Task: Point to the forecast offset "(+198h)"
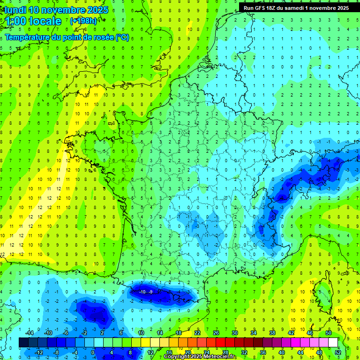[x=83, y=21]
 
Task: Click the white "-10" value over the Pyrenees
[x=143, y=292]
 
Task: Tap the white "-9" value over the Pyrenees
[x=151, y=292]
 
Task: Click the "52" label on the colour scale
[x=338, y=352]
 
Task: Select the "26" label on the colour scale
[x=216, y=332]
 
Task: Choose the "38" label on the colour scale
[x=272, y=332]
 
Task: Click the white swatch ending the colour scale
[x=333, y=343]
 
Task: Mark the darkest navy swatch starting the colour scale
[x=23, y=343]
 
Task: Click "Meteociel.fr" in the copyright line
[x=220, y=357]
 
